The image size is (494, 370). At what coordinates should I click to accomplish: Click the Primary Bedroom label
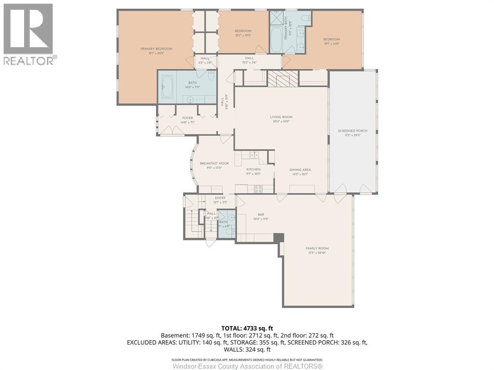click(x=156, y=49)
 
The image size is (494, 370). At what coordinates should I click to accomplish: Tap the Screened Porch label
click(x=353, y=131)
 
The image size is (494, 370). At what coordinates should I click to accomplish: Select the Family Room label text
click(x=317, y=249)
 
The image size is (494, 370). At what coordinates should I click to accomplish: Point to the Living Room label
click(x=281, y=117)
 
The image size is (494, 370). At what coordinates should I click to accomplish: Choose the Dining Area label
click(x=300, y=170)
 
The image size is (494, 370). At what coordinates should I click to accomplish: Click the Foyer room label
click(x=187, y=118)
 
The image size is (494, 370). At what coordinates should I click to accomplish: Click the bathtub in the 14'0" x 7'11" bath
click(x=167, y=87)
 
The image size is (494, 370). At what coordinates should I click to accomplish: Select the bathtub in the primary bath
click(x=276, y=40)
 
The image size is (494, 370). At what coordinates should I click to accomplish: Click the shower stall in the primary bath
click(x=277, y=17)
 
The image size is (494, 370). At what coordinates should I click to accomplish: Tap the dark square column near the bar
click(x=278, y=238)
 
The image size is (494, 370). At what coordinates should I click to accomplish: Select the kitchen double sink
click(x=251, y=155)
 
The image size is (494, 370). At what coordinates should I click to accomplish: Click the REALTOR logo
click(x=28, y=34)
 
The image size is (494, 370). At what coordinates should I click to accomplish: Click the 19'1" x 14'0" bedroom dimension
click(x=331, y=43)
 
